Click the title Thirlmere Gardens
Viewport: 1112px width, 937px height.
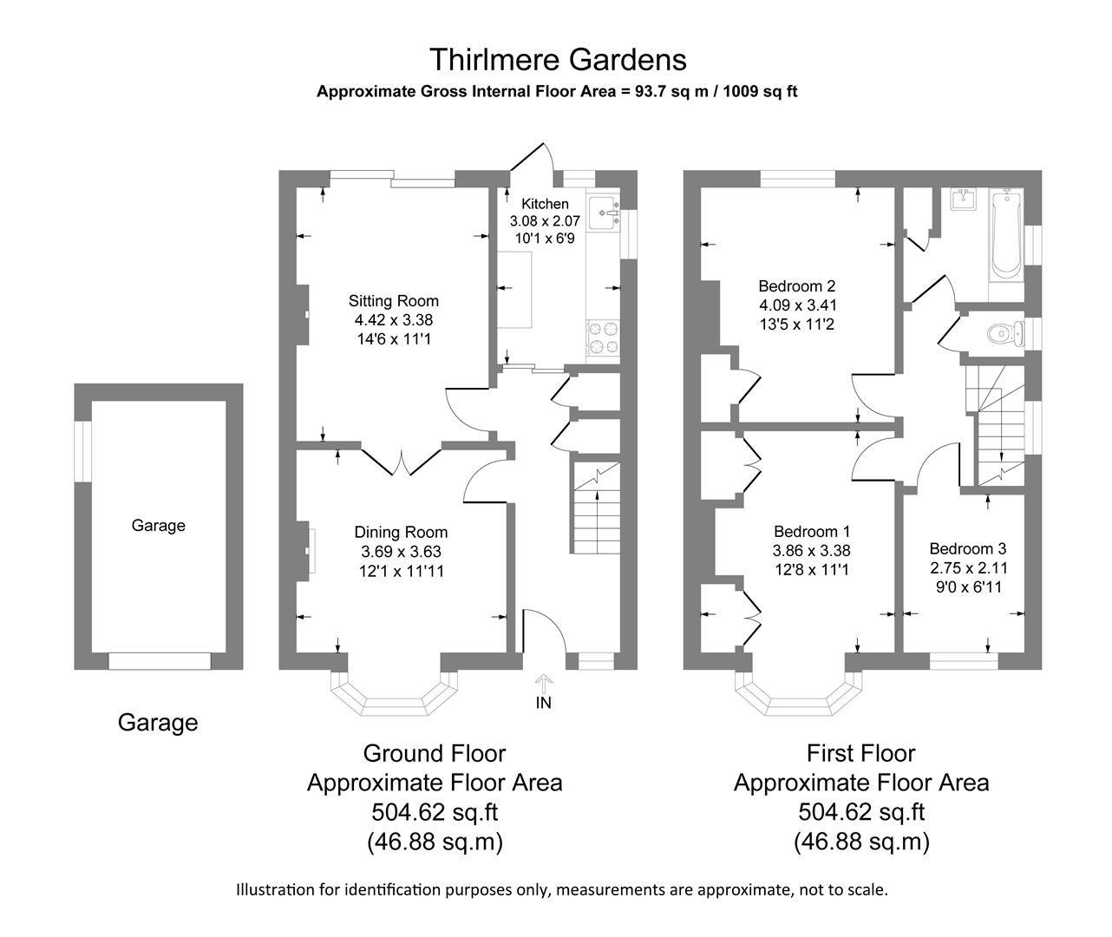point(557,60)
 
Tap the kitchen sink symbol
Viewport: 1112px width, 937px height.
point(604,213)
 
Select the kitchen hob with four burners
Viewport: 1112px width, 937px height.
point(604,337)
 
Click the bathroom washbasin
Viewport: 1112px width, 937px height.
point(963,200)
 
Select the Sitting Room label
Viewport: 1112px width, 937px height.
point(394,301)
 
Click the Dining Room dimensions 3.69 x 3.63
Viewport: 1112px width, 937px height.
point(401,552)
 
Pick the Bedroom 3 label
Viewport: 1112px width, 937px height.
point(967,548)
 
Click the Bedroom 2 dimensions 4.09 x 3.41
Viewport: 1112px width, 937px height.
point(797,305)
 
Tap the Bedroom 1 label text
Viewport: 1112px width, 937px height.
point(811,531)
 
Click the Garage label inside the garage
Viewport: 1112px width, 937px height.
point(158,525)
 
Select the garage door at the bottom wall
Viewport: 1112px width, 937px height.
point(160,661)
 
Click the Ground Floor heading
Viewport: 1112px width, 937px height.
point(434,753)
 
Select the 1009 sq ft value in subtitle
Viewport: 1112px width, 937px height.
point(763,91)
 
